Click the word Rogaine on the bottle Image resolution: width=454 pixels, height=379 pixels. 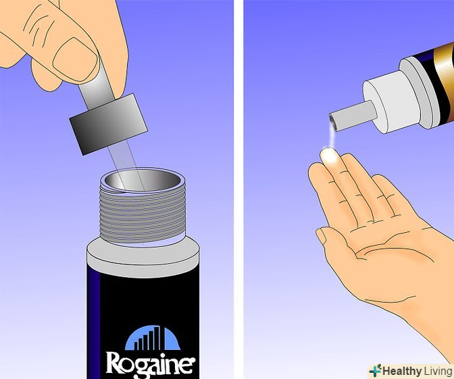pos(151,363)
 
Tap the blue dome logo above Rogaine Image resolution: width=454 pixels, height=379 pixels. pos(153,338)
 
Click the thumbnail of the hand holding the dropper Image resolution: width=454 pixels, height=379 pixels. pos(76,59)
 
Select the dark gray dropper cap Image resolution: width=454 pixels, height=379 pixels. pos(108,124)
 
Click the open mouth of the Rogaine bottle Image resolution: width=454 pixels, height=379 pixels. pos(143,180)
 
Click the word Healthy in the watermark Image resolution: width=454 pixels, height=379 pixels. pos(402,371)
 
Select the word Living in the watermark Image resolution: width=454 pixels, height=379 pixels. pos(438,372)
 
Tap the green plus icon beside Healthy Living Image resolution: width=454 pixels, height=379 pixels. pos(375,371)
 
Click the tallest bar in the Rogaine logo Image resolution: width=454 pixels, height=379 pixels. pos(157,338)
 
